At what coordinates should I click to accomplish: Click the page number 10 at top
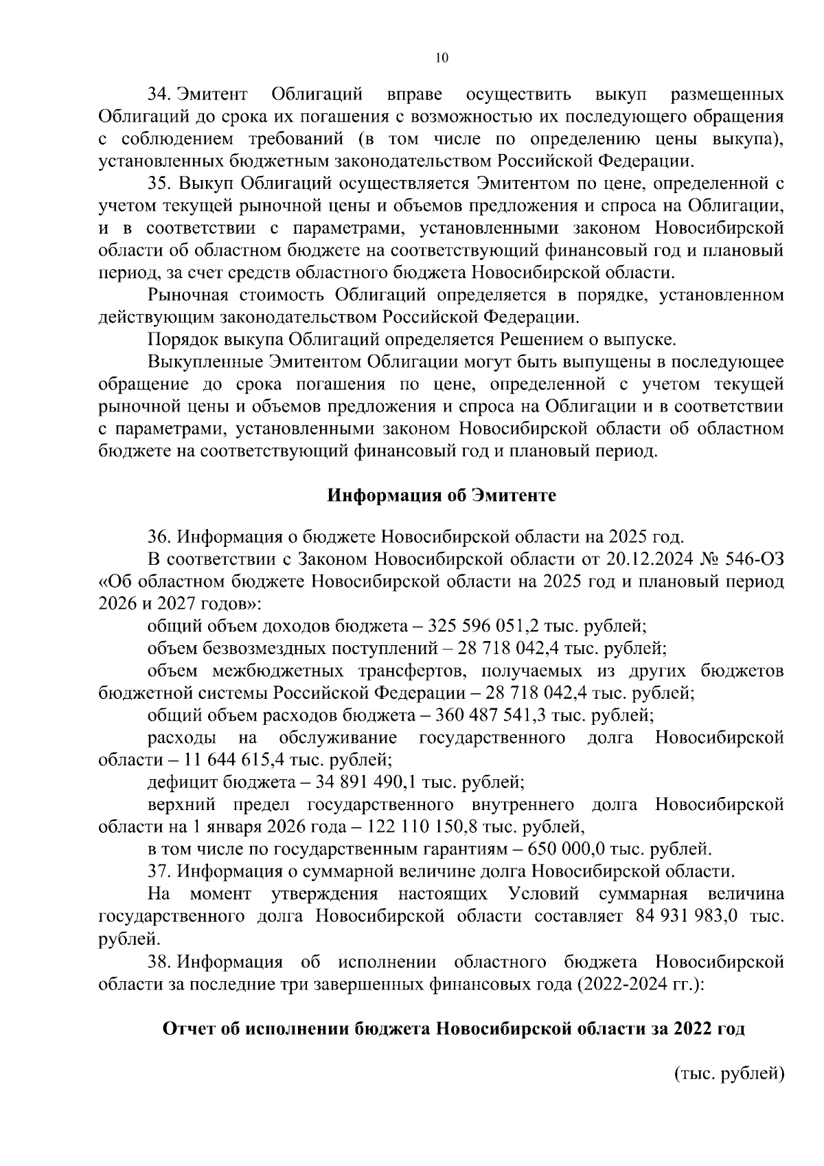coord(442,58)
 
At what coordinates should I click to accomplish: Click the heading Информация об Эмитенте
coord(441,495)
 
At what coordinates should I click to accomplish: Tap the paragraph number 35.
coord(160,183)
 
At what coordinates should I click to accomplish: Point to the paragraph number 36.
coord(160,536)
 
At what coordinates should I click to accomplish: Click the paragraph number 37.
coord(160,872)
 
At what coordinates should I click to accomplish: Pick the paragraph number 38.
coord(160,961)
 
